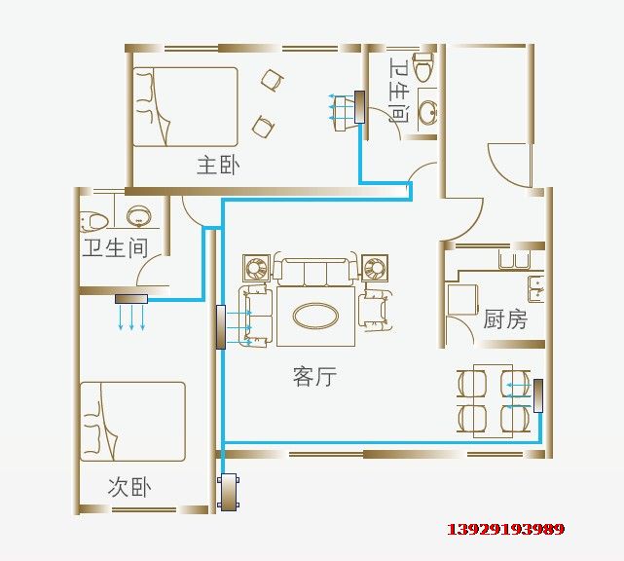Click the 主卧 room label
[218, 166]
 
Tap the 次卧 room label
[129, 487]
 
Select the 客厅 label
[314, 376]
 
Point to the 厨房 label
[505, 319]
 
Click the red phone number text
[506, 529]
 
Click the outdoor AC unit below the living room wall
[229, 492]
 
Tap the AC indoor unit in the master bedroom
[359, 107]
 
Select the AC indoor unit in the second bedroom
[131, 299]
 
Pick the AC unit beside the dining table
[538, 395]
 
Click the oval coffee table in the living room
[316, 317]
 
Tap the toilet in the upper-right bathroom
[423, 65]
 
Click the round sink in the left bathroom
[138, 215]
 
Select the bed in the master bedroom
[185, 107]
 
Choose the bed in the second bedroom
[132, 422]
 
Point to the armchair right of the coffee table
[375, 311]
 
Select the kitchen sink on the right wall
[535, 288]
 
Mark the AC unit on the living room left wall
[221, 327]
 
